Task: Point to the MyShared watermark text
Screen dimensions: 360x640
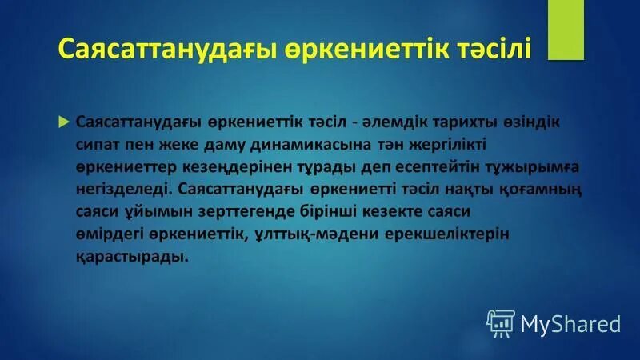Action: pos(570,323)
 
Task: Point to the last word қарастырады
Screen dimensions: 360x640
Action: pos(132,257)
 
